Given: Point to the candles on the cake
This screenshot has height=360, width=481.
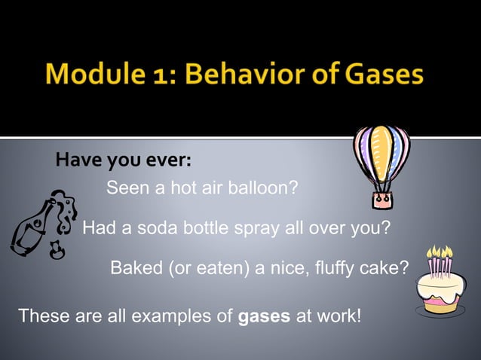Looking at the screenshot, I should [440, 261].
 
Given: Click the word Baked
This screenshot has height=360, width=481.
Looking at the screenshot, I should [133, 267].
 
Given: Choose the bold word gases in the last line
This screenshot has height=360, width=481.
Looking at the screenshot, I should [265, 316].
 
